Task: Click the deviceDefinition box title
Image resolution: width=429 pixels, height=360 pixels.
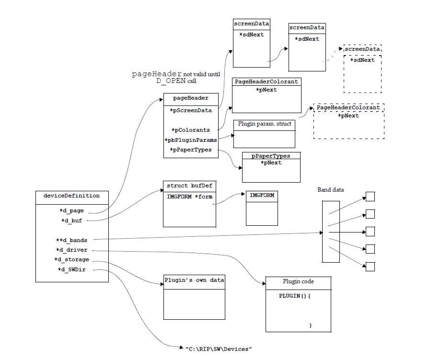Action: (x=71, y=196)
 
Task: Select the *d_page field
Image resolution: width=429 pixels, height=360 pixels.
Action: (x=71, y=210)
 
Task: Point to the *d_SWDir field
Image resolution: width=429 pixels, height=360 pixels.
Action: (x=72, y=269)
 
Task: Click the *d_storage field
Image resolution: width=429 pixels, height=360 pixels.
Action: (x=71, y=259)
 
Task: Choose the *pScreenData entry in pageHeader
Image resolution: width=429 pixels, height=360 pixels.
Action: (x=190, y=110)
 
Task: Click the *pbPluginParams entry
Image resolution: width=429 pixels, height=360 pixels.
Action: (x=190, y=140)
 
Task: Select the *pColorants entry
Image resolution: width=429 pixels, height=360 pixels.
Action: (x=190, y=130)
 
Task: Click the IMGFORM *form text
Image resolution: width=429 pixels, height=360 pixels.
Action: (x=189, y=197)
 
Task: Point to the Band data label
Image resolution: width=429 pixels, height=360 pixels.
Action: (x=331, y=190)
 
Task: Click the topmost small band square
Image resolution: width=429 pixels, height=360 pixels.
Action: (x=370, y=197)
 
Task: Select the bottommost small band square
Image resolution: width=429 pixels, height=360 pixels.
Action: (x=370, y=266)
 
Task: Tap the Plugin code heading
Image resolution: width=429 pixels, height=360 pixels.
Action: (x=298, y=281)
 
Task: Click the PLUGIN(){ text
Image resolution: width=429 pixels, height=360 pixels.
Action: (x=295, y=296)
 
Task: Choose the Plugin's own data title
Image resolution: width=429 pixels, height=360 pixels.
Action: (x=194, y=280)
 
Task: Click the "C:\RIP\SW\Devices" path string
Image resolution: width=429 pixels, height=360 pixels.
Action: (x=218, y=348)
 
